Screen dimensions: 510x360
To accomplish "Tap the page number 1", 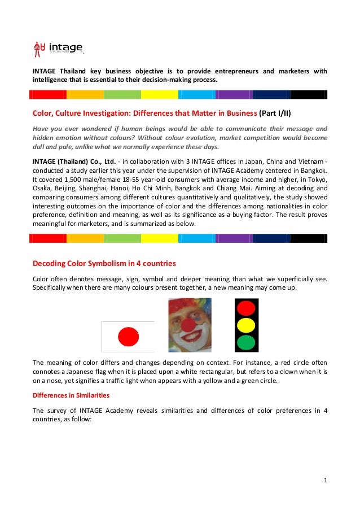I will (x=326, y=481).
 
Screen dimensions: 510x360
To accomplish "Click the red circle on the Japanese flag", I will (x=128, y=337).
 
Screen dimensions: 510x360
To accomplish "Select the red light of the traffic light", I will (x=246, y=308).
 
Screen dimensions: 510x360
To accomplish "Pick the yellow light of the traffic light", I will (x=246, y=325).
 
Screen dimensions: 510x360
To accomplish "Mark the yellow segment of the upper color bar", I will (x=159, y=94).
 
